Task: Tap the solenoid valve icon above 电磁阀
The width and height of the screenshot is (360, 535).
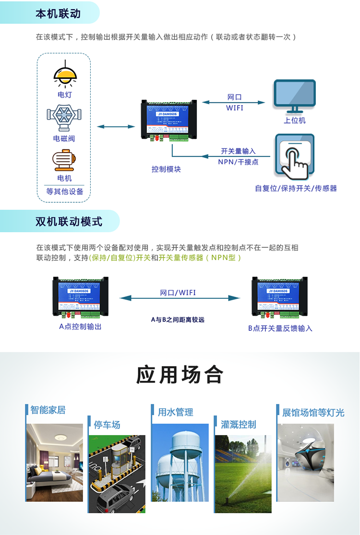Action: coord(64,117)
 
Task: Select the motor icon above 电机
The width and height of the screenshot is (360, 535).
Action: coord(64,159)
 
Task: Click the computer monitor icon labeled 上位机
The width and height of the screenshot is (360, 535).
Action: coord(294,96)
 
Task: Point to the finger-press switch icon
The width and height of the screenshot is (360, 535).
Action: coord(294,156)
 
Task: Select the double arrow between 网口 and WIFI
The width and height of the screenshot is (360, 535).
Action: coord(234,102)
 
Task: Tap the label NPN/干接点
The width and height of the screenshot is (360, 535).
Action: coord(238,162)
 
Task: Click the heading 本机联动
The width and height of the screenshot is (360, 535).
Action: coord(58,13)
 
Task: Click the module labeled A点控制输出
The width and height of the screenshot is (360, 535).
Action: coord(80,297)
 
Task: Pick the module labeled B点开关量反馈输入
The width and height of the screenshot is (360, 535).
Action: coord(279,298)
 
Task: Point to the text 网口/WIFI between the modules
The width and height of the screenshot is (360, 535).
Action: coord(178,292)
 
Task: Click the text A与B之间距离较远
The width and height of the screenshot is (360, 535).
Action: coord(178,319)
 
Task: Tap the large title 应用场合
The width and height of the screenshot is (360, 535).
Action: coord(180,375)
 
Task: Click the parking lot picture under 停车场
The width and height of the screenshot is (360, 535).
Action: coord(117,474)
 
